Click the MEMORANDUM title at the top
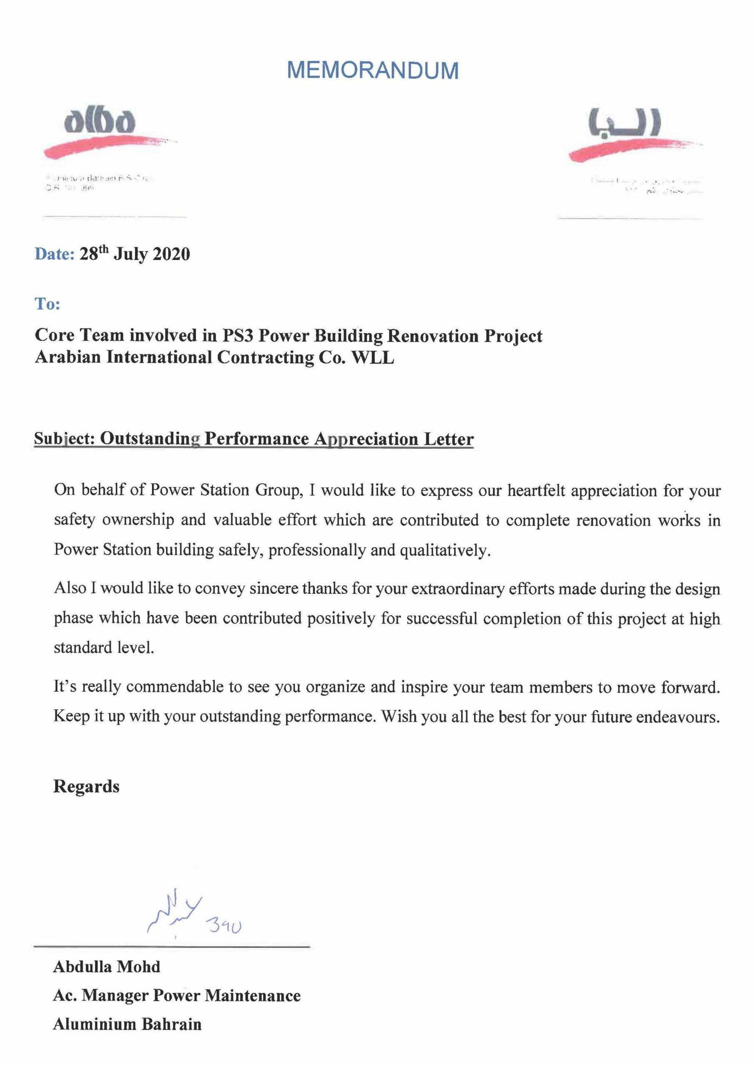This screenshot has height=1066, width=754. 373,70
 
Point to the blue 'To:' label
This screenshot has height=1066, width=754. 47,304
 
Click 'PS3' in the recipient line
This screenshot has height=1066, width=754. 237,336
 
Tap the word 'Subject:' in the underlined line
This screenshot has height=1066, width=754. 64,439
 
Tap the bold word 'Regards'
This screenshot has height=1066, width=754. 86,787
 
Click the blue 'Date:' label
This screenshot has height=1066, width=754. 54,254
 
